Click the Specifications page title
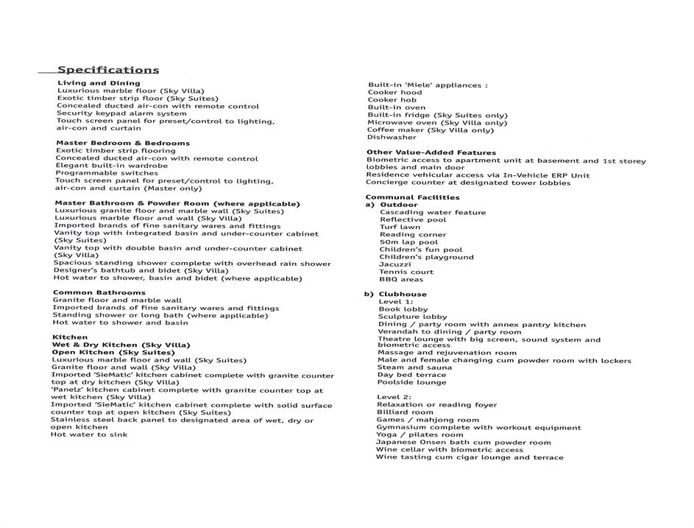(x=108, y=70)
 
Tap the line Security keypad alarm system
(x=121, y=113)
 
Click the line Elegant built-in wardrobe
(x=111, y=166)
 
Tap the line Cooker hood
(x=395, y=93)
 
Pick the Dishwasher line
(x=392, y=137)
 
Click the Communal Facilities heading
(x=412, y=197)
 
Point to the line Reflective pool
(x=413, y=219)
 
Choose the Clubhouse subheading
(x=402, y=295)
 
